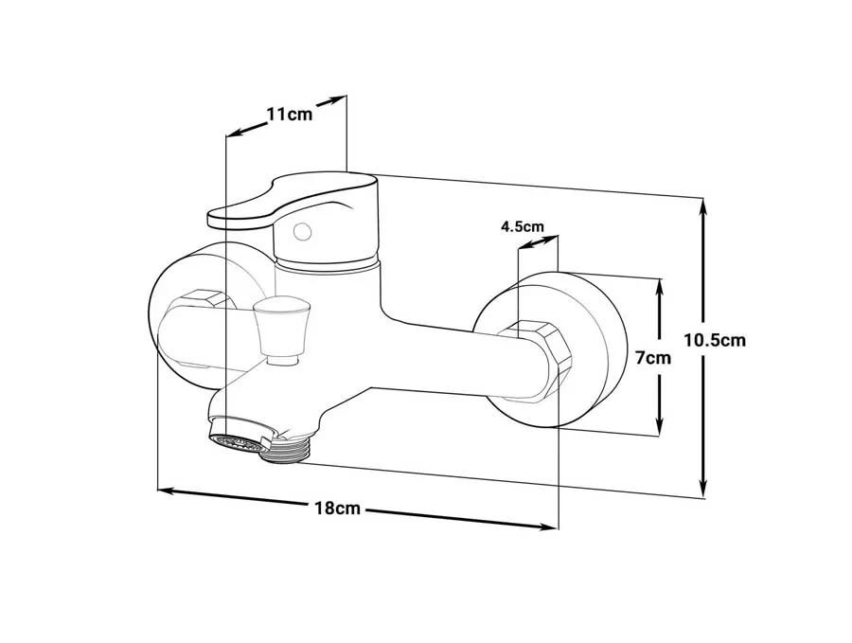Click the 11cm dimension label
click(289, 115)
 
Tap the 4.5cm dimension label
click(522, 226)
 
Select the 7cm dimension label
click(652, 358)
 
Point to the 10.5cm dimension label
click(715, 341)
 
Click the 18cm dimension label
click(337, 509)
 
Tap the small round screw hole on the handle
click(302, 232)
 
